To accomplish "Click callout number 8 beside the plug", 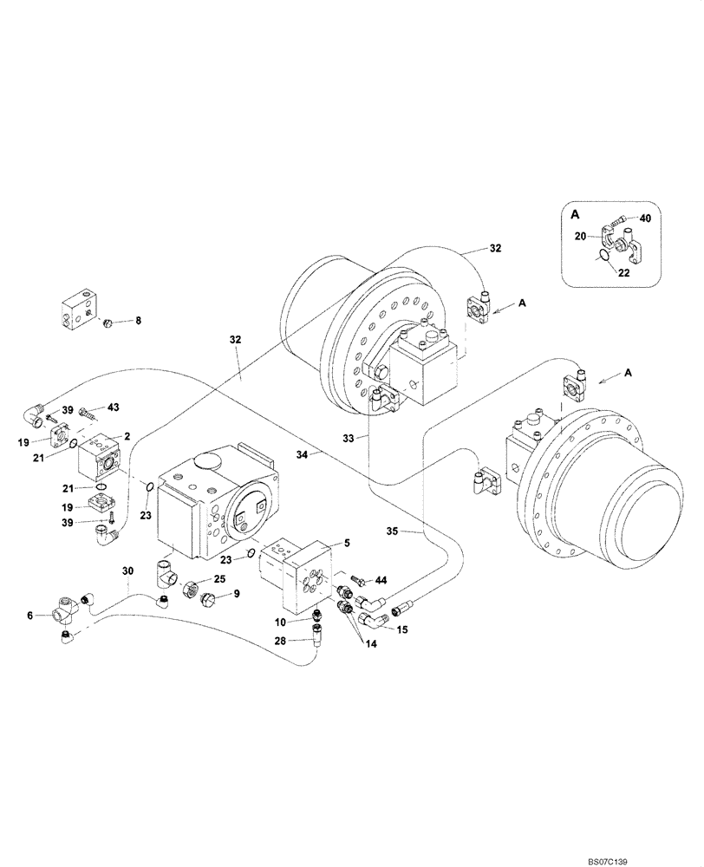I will (x=137, y=321).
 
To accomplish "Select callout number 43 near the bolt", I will (x=113, y=407).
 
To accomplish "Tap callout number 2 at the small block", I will (x=127, y=437).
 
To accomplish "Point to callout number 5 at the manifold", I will (x=346, y=544).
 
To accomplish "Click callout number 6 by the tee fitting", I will (x=31, y=615).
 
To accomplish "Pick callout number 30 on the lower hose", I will (x=128, y=571).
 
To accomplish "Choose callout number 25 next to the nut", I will (x=220, y=578).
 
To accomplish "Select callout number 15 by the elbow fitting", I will (x=402, y=630).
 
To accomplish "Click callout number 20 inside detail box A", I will (x=581, y=235).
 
